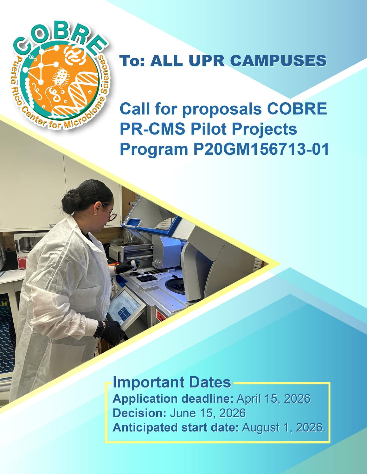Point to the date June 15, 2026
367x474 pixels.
(x=208, y=413)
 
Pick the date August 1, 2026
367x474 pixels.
(x=284, y=427)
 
